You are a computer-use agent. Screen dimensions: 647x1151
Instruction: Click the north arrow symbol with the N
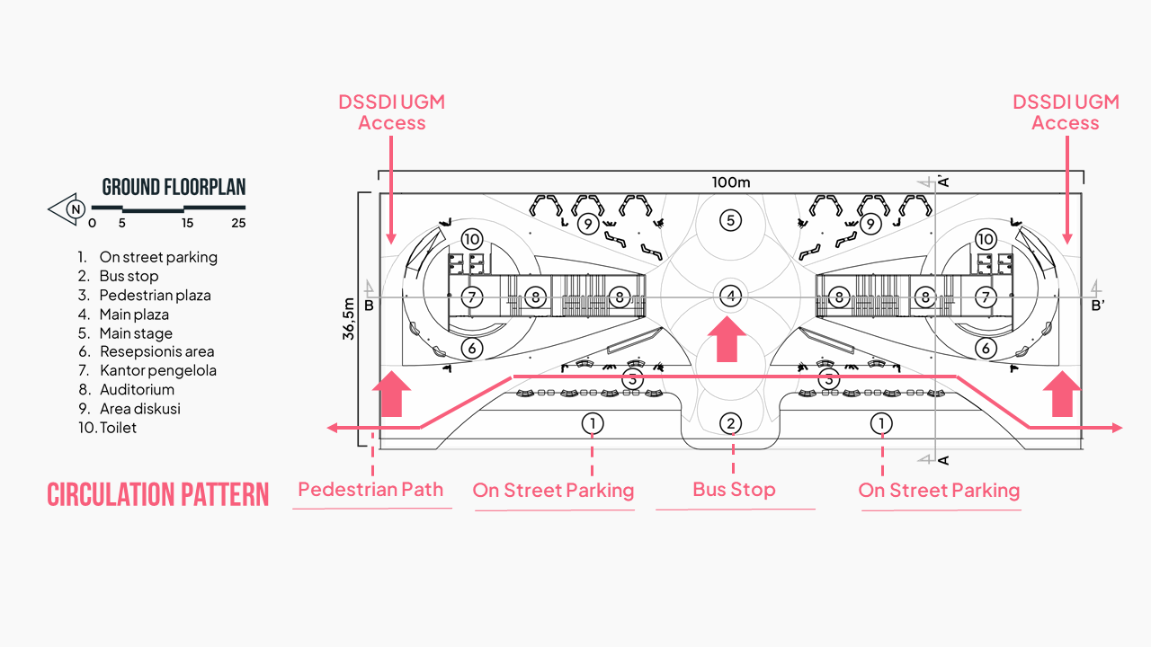[68, 209]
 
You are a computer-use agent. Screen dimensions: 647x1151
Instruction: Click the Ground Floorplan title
[174, 188]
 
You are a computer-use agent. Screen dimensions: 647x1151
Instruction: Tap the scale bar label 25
[237, 223]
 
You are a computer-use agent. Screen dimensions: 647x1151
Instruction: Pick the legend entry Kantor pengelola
[157, 370]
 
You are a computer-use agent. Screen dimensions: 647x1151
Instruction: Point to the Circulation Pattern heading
[157, 494]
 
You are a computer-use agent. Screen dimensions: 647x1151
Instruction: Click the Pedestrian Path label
[370, 490]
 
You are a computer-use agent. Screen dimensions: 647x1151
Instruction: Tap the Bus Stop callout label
[734, 490]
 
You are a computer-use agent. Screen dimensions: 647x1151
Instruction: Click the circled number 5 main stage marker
[731, 220]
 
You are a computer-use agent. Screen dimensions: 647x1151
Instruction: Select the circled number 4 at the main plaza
[731, 296]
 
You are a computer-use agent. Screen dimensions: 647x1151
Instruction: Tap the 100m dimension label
[731, 182]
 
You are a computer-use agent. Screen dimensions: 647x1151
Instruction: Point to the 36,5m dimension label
[349, 319]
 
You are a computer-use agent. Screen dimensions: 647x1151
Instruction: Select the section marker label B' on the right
[1098, 306]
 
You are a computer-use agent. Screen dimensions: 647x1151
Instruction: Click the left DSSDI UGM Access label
[392, 112]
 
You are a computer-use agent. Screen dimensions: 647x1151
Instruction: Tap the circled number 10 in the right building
[986, 239]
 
